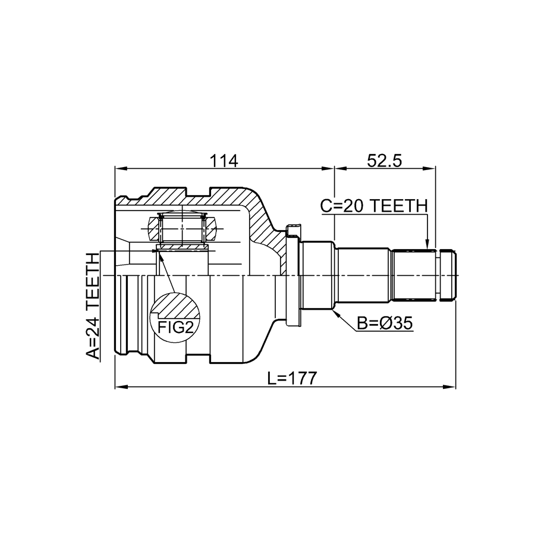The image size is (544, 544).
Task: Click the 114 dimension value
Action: tap(224, 161)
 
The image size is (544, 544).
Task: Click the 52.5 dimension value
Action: tap(385, 161)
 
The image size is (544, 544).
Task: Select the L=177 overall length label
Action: tap(293, 378)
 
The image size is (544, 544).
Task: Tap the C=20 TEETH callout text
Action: tap(373, 206)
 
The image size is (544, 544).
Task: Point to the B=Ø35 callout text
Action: tap(385, 323)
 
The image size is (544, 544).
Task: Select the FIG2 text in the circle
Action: tap(175, 327)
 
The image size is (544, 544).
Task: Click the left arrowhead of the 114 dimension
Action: tap(121, 169)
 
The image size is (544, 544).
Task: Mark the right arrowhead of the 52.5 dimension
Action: tap(430, 169)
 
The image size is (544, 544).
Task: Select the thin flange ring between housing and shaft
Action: tap(293, 275)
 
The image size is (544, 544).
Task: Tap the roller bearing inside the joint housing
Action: tap(182, 229)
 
